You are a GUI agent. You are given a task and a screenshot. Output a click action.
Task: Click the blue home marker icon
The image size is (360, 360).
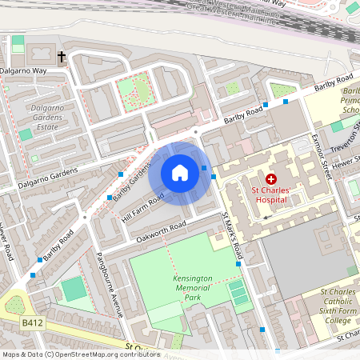pyautogui.click(x=180, y=173)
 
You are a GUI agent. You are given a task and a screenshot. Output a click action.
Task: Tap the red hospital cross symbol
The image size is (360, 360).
pyautogui.click(x=271, y=179)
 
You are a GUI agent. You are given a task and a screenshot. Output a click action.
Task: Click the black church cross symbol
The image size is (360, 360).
pyautogui.click(x=62, y=57)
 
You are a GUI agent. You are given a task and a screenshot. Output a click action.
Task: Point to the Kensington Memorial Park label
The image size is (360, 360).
pyautogui.click(x=193, y=288)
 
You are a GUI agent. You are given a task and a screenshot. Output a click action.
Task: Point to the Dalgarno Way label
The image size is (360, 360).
pyautogui.click(x=24, y=71)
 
